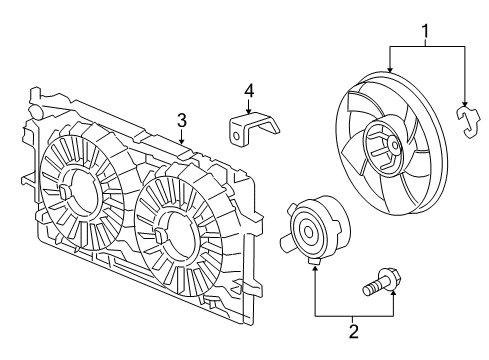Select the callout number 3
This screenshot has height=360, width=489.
[182, 120]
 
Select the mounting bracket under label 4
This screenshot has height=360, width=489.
[250, 131]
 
